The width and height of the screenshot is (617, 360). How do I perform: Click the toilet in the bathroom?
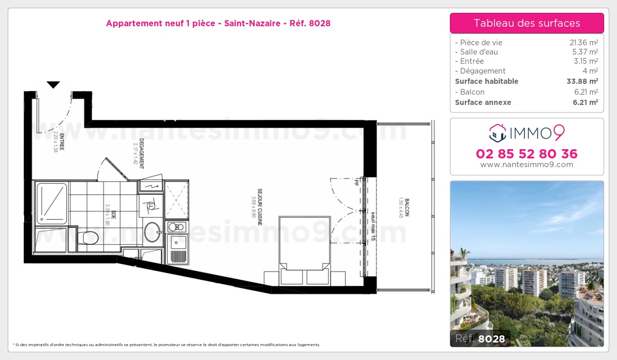point(90,238)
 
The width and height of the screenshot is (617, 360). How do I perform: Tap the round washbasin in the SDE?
point(153,232)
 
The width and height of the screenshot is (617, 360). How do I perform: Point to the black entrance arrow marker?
point(53,85)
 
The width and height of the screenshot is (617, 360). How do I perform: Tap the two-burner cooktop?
point(176,227)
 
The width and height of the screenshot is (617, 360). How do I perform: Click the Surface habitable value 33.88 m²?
point(582,81)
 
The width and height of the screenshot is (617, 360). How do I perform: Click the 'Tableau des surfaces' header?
point(527,23)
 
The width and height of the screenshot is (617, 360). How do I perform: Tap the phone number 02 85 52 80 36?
point(527,154)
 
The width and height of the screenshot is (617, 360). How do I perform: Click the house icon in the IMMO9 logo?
point(498,133)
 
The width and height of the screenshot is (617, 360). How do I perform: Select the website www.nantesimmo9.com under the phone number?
point(527,165)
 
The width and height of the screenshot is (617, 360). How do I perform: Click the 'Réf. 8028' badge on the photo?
point(480,338)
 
